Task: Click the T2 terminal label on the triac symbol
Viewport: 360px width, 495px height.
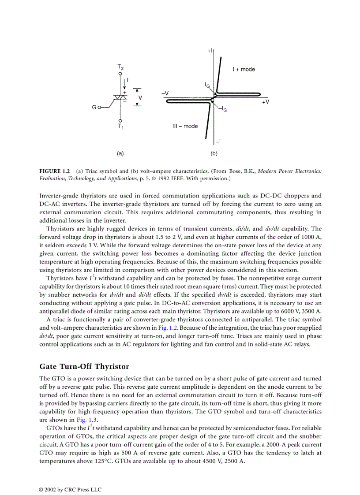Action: [120, 67]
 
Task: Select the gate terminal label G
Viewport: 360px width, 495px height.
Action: [94, 107]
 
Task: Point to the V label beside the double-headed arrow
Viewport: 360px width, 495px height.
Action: [140, 97]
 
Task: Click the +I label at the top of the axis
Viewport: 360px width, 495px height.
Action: [210, 51]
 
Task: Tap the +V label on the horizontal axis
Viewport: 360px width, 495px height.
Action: [266, 102]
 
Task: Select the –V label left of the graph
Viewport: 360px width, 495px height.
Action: [165, 93]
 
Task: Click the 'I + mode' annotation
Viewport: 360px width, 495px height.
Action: [244, 69]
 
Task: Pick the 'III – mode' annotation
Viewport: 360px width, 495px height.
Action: [185, 127]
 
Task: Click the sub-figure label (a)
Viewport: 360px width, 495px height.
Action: [120, 154]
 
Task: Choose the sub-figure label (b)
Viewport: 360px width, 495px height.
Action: [214, 154]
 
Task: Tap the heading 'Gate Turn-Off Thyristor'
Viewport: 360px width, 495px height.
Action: [84, 367]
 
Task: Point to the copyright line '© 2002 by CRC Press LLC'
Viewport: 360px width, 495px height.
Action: [70, 489]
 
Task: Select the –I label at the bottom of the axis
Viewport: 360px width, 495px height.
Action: [218, 141]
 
